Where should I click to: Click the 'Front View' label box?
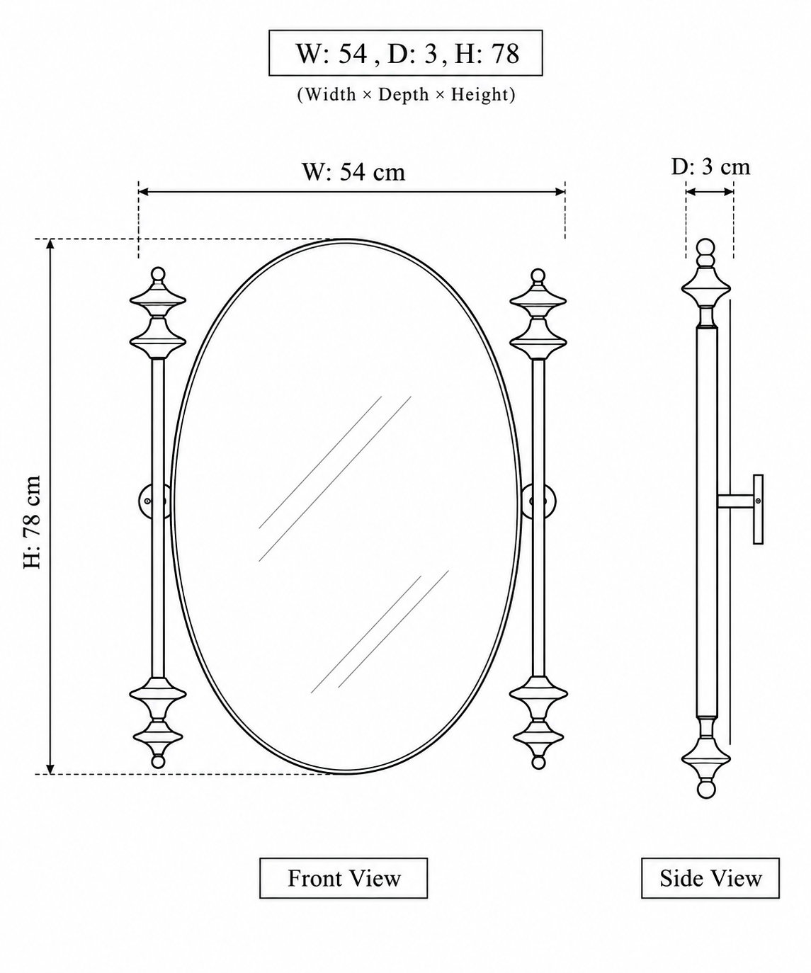(343, 878)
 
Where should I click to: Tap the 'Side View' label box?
(710, 878)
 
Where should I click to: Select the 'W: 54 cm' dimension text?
(353, 172)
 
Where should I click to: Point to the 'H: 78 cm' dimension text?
(33, 522)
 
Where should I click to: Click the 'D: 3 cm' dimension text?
(710, 167)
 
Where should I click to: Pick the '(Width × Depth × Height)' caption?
(406, 95)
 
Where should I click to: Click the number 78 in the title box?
(505, 54)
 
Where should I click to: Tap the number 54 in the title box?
(352, 54)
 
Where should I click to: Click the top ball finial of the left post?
(158, 274)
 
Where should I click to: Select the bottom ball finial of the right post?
(538, 763)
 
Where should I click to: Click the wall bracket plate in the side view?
(759, 509)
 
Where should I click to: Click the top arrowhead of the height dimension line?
(50, 244)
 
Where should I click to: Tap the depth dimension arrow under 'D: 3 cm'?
(710, 191)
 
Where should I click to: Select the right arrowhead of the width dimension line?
(560, 191)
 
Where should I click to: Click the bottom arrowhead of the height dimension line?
(50, 769)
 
